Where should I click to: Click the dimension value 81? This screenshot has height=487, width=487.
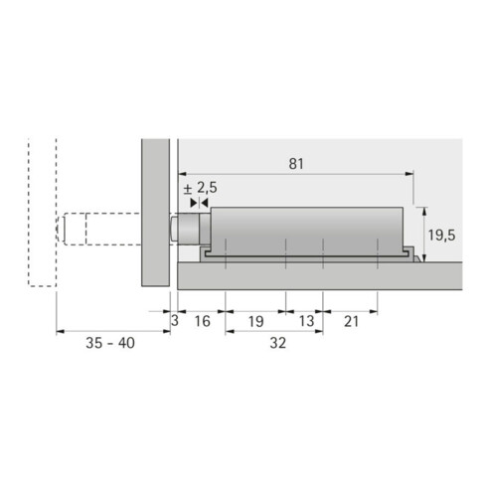point(296,164)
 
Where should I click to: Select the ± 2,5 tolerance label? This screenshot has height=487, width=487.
point(201,188)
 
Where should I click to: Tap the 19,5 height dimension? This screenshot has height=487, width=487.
point(441,236)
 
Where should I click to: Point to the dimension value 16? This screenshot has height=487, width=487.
point(202,321)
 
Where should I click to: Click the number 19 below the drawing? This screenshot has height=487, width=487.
point(255,321)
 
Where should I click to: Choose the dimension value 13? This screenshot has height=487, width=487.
point(306,321)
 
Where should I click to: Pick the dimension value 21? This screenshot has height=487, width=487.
point(351,321)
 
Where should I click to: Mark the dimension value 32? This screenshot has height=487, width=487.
point(277,343)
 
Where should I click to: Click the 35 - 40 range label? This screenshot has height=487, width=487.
point(110,343)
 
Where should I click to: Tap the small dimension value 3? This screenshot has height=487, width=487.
point(175,321)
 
